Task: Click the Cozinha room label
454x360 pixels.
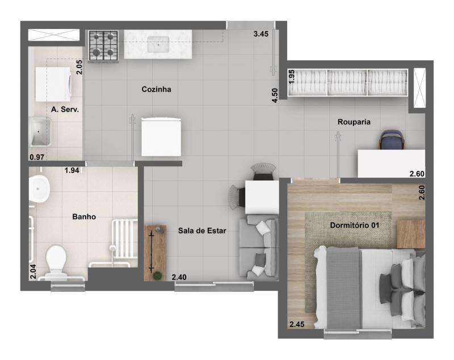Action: coord(157,89)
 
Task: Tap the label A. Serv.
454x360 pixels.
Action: coord(65,110)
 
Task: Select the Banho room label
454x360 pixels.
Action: coord(84,217)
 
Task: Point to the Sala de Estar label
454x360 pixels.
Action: coord(202,231)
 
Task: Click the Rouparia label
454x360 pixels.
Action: coord(354,122)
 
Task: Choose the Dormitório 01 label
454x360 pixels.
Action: coord(354,225)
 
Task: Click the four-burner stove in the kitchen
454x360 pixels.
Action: coord(103,46)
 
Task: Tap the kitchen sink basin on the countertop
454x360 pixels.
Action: coord(158,45)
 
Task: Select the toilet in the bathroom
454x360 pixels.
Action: coord(56,261)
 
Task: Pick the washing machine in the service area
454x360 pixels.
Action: coord(53,84)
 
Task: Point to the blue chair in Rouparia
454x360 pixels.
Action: coord(392,140)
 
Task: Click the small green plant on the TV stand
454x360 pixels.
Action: coord(158,275)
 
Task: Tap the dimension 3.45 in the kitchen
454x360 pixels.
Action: coord(261,34)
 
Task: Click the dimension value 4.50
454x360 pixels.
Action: coord(275,95)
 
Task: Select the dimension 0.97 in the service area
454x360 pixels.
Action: coord(37,157)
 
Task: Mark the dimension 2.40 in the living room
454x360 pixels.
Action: coord(179,277)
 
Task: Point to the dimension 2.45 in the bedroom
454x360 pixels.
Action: coord(297,324)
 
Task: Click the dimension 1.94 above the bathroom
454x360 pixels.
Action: coord(72,170)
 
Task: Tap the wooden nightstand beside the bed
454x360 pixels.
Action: coord(411,234)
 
